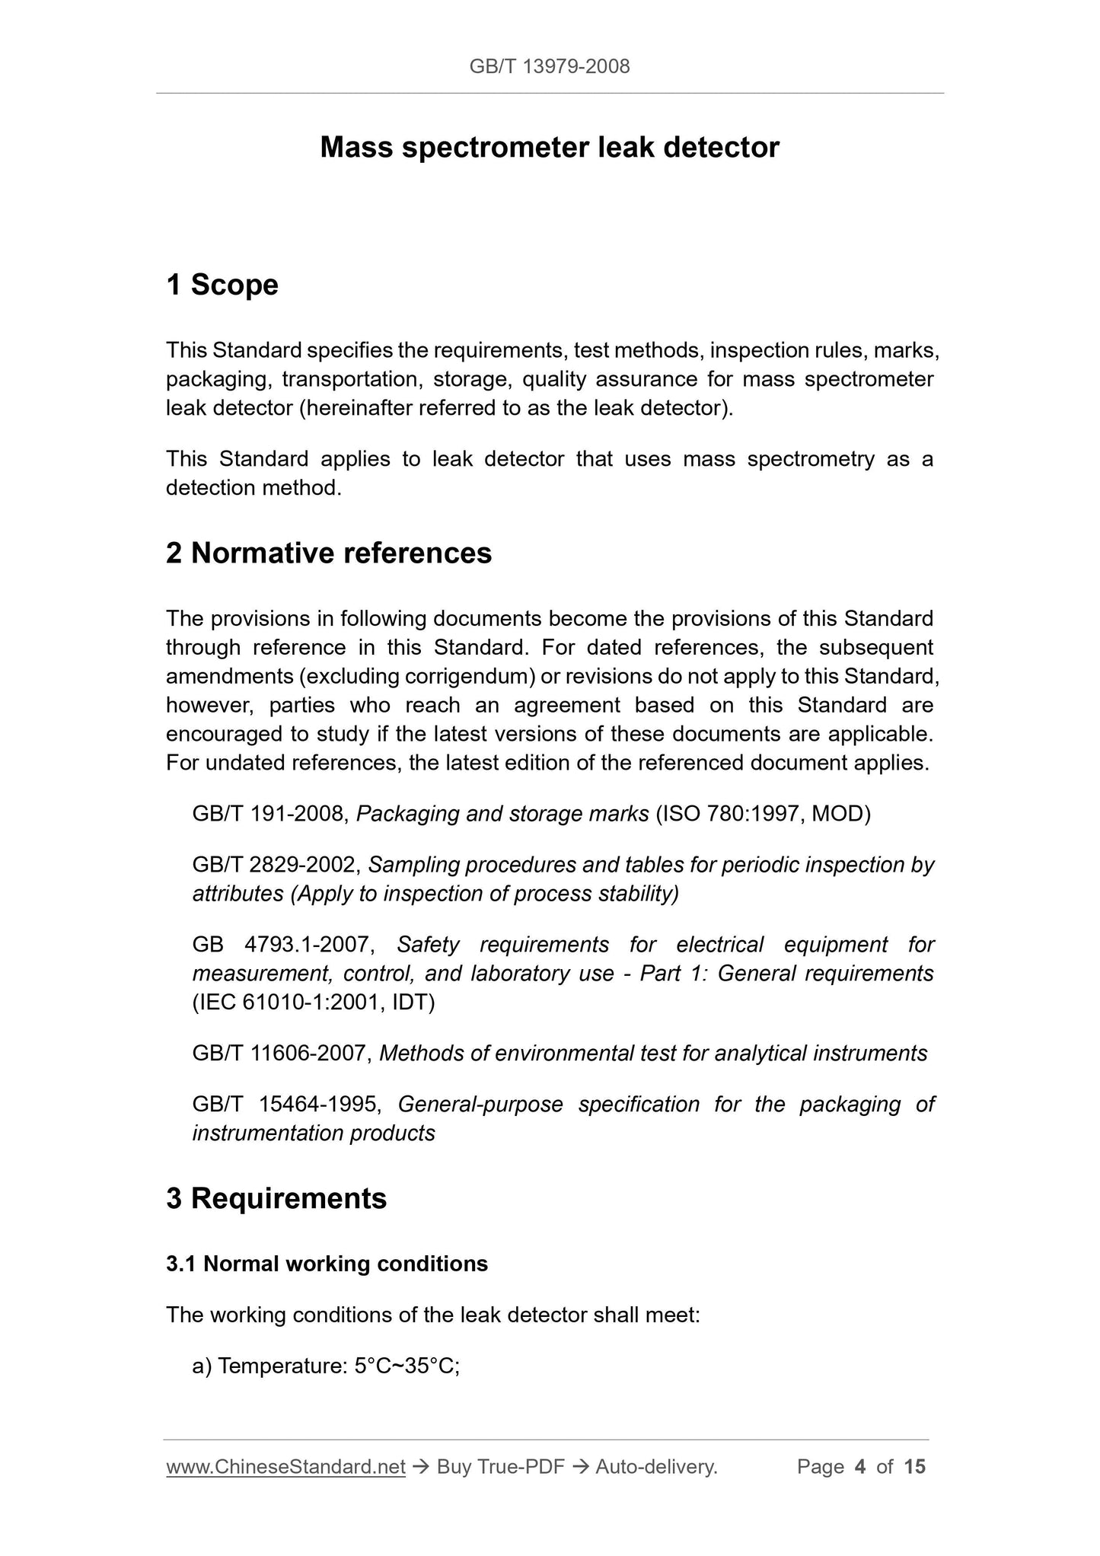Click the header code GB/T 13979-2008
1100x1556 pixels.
(x=550, y=67)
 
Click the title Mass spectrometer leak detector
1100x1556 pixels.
(x=550, y=148)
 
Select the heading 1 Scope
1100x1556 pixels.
(x=222, y=285)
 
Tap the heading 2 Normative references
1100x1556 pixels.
(x=329, y=553)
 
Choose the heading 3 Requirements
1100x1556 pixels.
(x=276, y=1198)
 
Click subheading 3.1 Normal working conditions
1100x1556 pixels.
(x=327, y=1264)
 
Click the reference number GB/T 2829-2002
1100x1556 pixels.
(x=276, y=865)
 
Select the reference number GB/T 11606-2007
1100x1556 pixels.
(x=282, y=1054)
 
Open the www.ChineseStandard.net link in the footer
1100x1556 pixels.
(x=285, y=1467)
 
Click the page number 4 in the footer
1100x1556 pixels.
(x=860, y=1467)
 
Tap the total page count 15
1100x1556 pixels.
(x=915, y=1467)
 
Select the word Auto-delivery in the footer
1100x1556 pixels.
(x=656, y=1467)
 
